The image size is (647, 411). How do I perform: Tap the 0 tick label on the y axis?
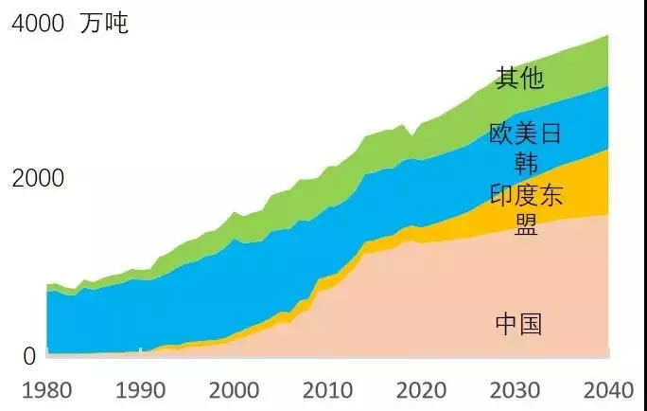tap(30, 357)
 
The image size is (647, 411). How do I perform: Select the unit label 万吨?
tap(104, 24)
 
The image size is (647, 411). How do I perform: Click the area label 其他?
tap(519, 78)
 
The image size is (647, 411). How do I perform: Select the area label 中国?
tap(519, 325)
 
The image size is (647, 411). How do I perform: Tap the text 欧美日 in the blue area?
tap(526, 134)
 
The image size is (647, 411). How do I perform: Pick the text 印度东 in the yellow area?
tap(526, 196)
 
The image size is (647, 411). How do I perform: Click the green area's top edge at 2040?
tap(606, 37)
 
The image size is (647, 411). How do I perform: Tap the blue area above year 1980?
tap(49, 322)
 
